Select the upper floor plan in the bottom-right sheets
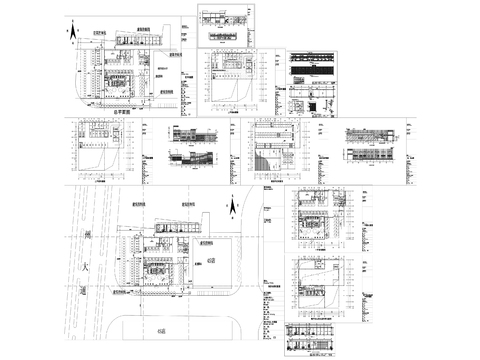(318, 216)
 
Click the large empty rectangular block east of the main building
(214, 262)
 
